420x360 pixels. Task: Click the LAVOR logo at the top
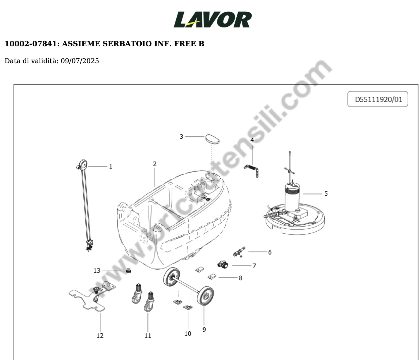coord(213,19)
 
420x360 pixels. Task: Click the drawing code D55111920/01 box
coord(378,99)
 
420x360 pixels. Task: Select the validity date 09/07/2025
coord(80,61)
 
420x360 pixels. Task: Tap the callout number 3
coord(181,137)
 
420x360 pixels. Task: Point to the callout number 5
coord(326,194)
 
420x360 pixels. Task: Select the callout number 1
coord(111,167)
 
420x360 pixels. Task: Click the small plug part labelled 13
coord(128,271)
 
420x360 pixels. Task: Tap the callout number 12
coord(100,335)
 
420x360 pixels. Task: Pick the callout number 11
coord(148,335)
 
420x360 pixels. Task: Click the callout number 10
coord(188,333)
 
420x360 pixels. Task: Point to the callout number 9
coord(204,329)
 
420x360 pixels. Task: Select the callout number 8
coord(241,278)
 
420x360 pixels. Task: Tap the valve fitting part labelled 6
coord(239,252)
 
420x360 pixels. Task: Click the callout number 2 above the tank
coord(155,164)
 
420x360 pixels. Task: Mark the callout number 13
coord(97,271)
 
